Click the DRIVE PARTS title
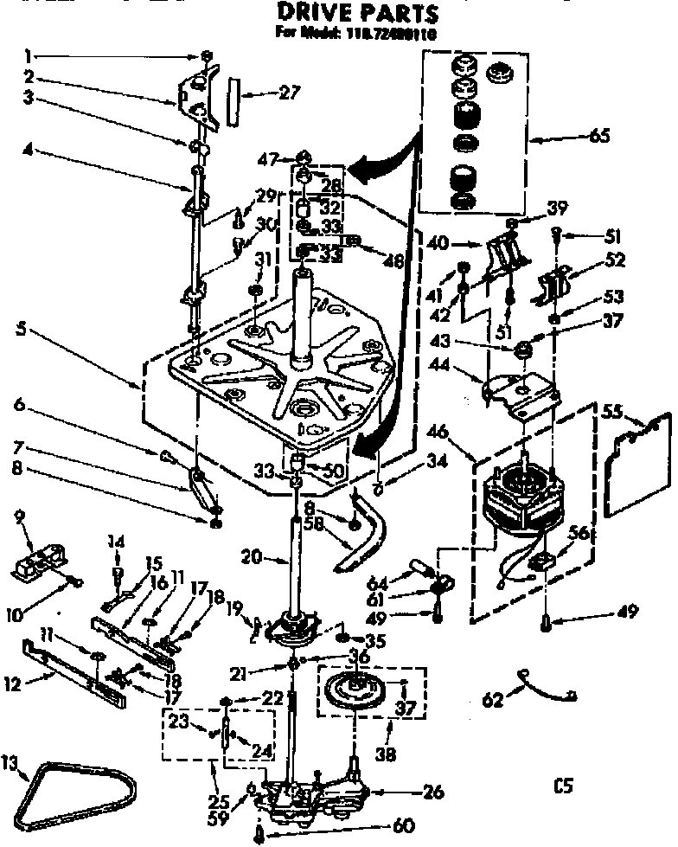coord(356,14)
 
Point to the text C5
coord(564,786)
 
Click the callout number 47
coord(266,158)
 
